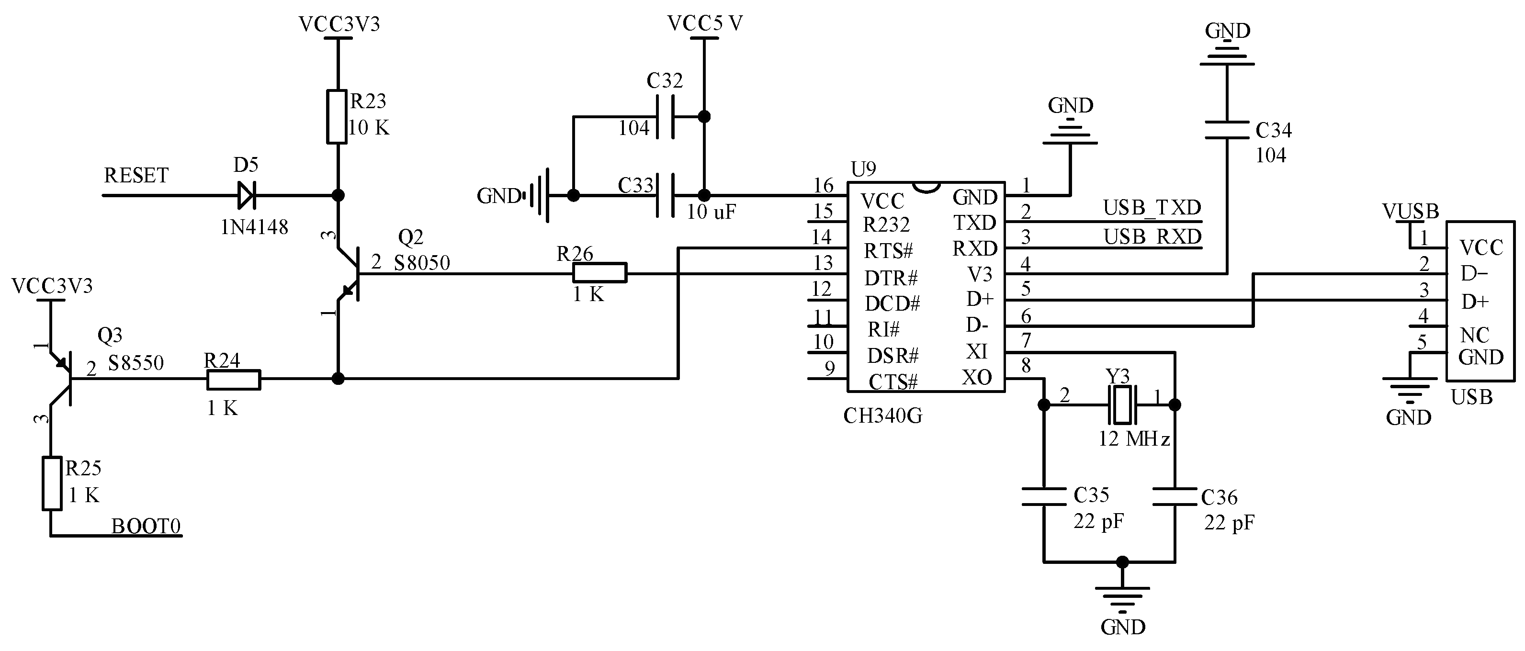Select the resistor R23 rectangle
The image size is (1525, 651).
(337, 117)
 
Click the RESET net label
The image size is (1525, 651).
(136, 176)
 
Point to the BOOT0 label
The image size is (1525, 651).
(146, 526)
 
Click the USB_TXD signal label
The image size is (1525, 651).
(1152, 208)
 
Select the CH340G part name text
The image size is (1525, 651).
(882, 416)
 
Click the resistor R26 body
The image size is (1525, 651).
(599, 273)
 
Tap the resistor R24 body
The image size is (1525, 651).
(233, 380)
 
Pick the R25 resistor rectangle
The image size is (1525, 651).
(52, 483)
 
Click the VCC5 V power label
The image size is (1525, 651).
(704, 23)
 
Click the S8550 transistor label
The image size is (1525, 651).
(136, 363)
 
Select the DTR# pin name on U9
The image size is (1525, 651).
(891, 278)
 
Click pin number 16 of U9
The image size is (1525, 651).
(824, 186)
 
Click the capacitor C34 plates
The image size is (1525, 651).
(1227, 131)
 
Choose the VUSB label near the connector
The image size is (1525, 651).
(1410, 211)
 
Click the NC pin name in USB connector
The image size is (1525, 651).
(1474, 336)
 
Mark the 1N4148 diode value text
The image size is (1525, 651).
(255, 227)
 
